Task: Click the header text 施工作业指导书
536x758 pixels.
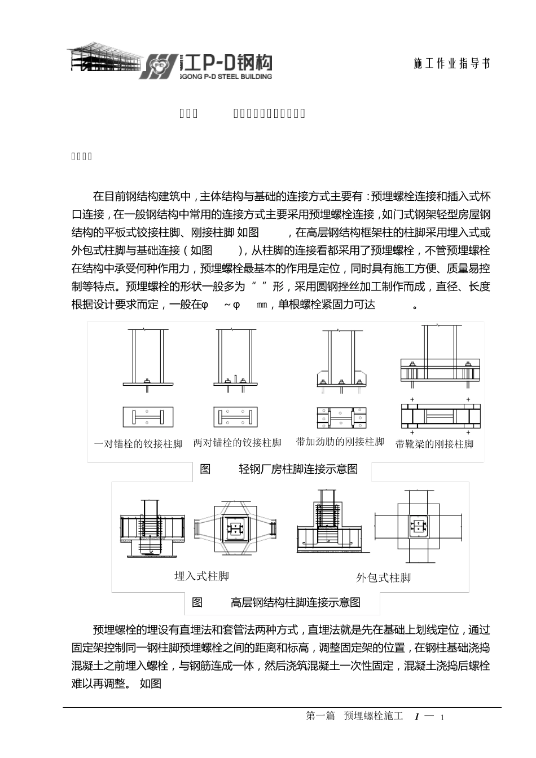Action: pyautogui.click(x=451, y=64)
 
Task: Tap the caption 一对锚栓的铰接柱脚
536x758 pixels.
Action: pyautogui.click(x=138, y=444)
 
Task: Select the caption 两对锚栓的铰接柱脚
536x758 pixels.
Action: pyautogui.click(x=237, y=443)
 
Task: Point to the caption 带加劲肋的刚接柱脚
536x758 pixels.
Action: pyautogui.click(x=340, y=442)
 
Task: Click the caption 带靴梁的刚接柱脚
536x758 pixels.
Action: pyautogui.click(x=434, y=444)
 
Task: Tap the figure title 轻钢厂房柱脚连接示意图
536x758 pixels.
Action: pyautogui.click(x=298, y=469)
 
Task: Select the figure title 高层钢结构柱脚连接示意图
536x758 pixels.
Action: pyautogui.click(x=295, y=602)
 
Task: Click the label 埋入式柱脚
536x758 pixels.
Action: pyautogui.click(x=201, y=576)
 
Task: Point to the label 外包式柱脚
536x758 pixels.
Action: pyautogui.click(x=383, y=578)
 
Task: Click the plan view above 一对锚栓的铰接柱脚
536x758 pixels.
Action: pyautogui.click(x=148, y=417)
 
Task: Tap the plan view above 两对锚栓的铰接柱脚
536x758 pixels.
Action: pyautogui.click(x=236, y=417)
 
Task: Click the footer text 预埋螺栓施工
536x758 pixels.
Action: pyautogui.click(x=374, y=716)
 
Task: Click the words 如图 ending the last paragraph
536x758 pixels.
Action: pyautogui.click(x=151, y=684)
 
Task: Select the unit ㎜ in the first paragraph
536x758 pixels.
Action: pyautogui.click(x=262, y=305)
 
